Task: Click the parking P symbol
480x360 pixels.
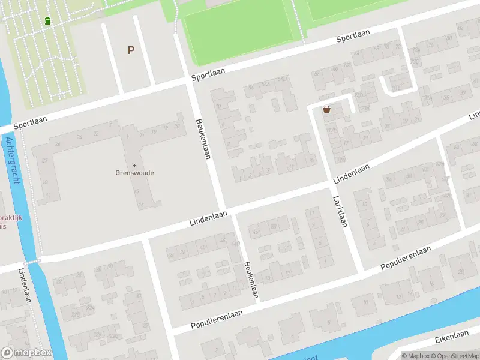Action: click(x=131, y=50)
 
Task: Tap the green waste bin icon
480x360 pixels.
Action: click(x=47, y=21)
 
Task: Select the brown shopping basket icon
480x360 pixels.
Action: click(x=326, y=109)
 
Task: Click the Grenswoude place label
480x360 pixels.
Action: click(x=134, y=173)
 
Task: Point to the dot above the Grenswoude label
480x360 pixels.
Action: click(x=134, y=165)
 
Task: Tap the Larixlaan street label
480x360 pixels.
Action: click(x=340, y=212)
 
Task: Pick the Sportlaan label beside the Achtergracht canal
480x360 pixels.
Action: click(x=30, y=121)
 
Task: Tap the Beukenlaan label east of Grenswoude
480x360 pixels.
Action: click(x=204, y=138)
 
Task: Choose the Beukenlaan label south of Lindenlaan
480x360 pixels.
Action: click(x=251, y=280)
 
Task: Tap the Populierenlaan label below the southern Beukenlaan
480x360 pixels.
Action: click(x=217, y=319)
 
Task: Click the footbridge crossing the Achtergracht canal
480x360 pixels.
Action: click(x=32, y=261)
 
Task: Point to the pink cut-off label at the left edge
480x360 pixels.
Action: click(x=11, y=222)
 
